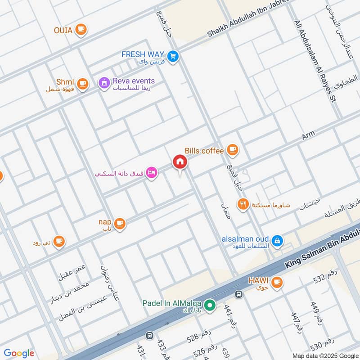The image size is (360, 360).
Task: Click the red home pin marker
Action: point(180,162)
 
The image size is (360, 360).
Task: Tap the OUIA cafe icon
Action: point(81,30)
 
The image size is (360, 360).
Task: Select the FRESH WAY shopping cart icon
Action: point(173,56)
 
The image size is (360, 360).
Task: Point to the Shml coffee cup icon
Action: point(82,84)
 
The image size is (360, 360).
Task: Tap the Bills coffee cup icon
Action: point(232,150)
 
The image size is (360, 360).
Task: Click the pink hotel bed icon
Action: point(152,173)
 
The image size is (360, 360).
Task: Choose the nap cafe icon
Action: point(119,223)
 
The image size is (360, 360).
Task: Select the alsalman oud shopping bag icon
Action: point(278,240)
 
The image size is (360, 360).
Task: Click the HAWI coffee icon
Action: point(277,282)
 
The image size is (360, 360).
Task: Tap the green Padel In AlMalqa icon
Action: point(209,306)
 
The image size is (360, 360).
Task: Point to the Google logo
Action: point(19,353)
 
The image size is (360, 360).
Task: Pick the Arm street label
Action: point(308,135)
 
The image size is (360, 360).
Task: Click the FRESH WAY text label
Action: point(143,54)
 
